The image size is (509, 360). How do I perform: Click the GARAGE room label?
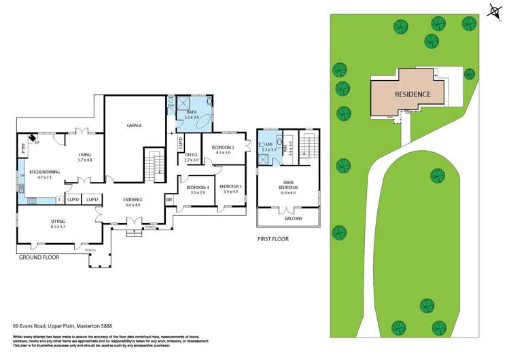click(x=134, y=125)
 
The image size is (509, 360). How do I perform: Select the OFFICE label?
click(x=192, y=154)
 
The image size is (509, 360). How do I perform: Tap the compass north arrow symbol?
click(x=493, y=8)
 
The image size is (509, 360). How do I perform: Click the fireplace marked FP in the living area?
click(x=37, y=143)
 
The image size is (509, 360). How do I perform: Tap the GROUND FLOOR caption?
click(x=38, y=257)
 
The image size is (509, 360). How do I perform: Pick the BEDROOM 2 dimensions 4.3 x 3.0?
click(x=222, y=153)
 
